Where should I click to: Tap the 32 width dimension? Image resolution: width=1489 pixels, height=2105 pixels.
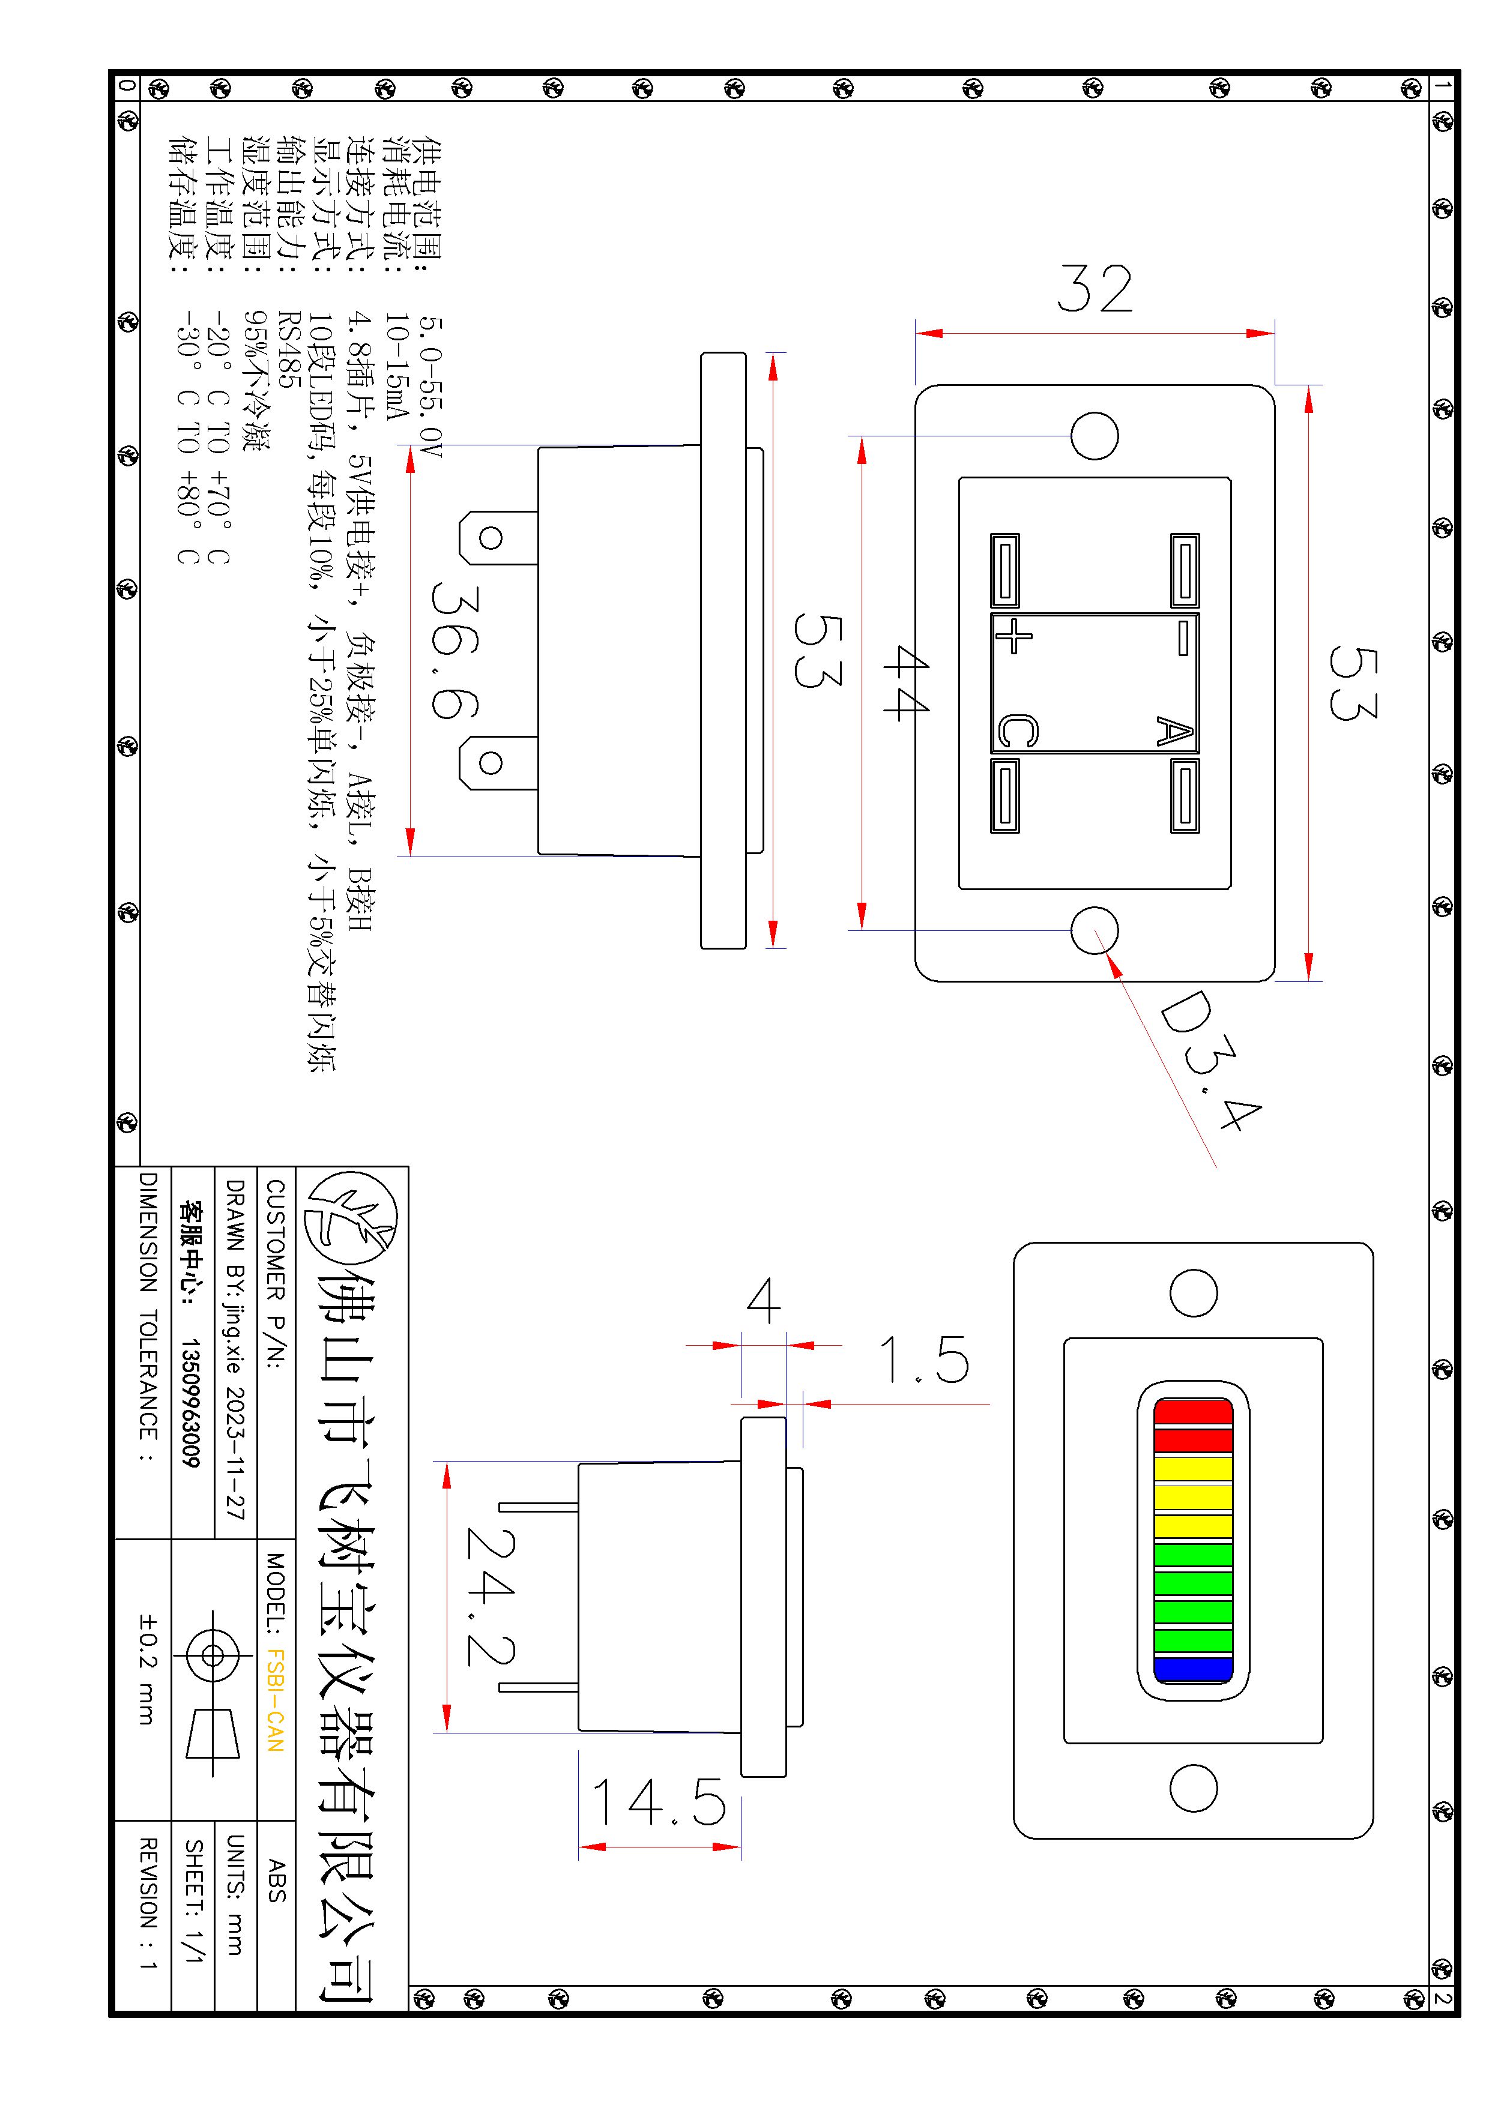(x=1095, y=288)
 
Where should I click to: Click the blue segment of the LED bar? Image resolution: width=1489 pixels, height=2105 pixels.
(x=1193, y=1669)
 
